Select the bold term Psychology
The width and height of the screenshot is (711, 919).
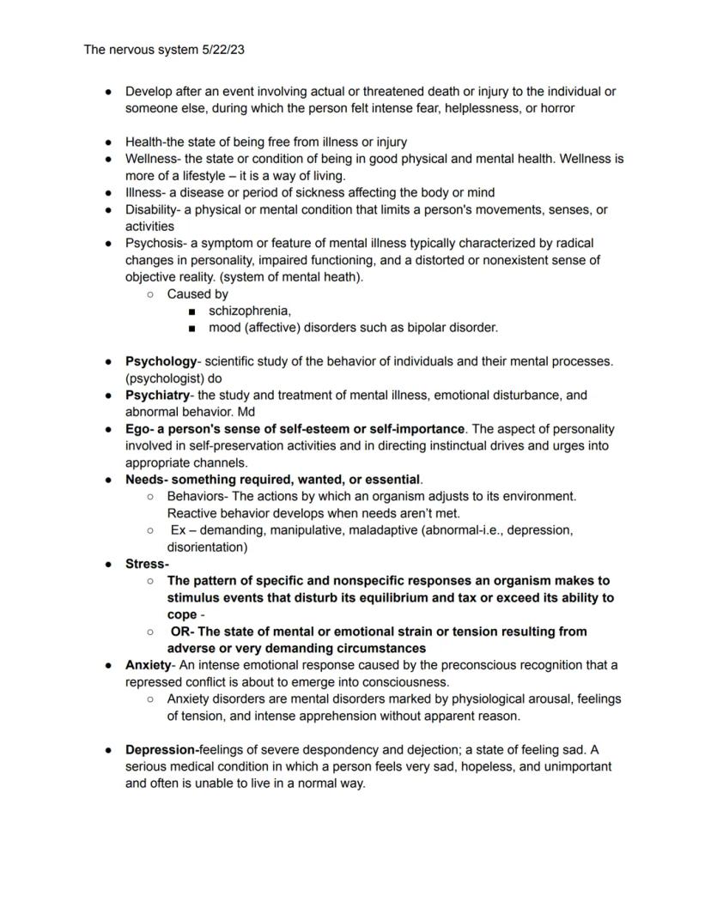pos(161,361)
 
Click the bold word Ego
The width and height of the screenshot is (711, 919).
pos(137,429)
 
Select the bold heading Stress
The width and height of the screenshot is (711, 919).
pos(145,564)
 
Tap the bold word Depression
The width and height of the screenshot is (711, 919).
pos(161,750)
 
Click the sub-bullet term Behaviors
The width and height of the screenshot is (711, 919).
pos(197,497)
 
